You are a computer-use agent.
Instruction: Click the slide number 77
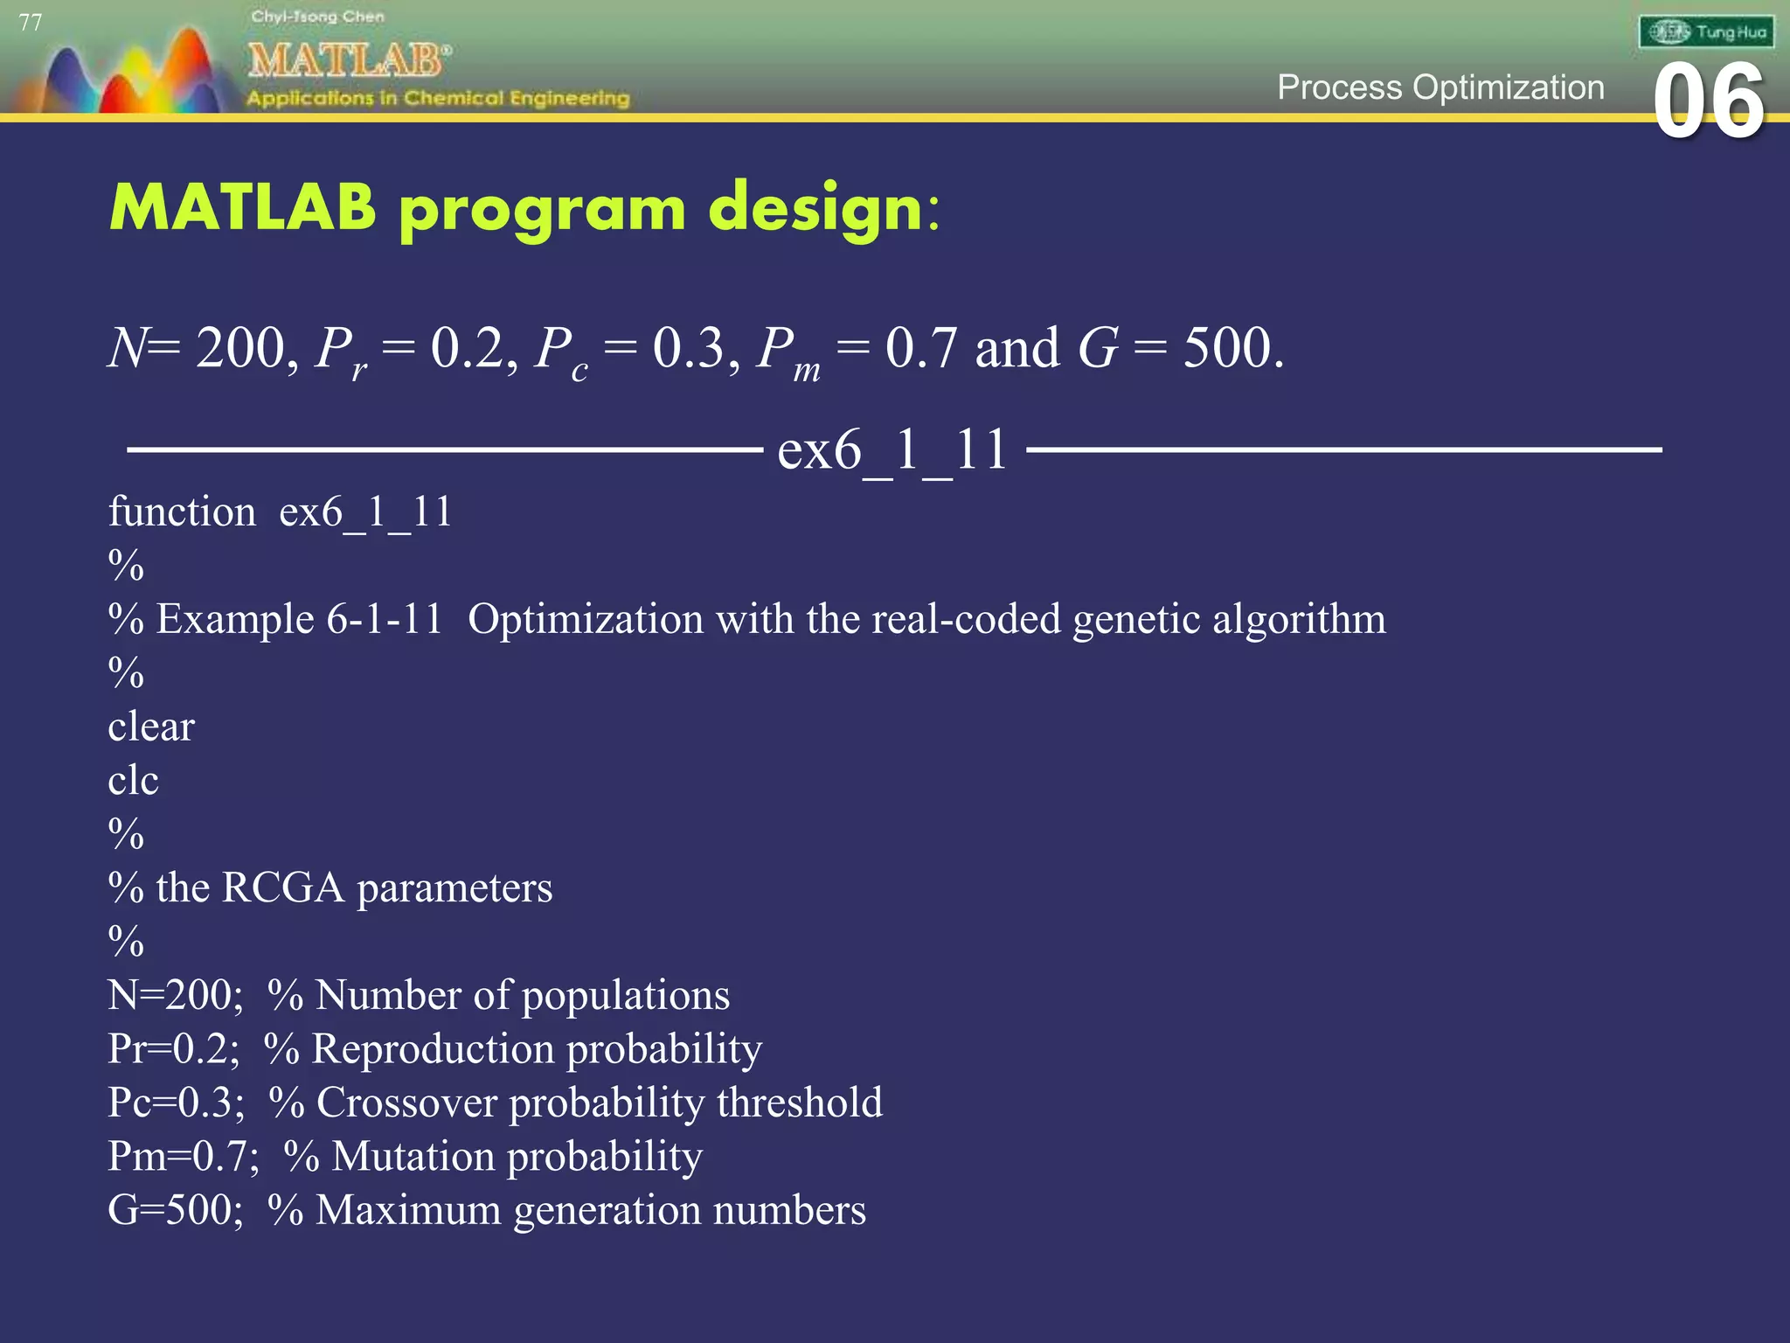(x=31, y=23)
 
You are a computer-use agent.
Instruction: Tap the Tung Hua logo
(x=1705, y=32)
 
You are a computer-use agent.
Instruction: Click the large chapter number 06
(x=1708, y=102)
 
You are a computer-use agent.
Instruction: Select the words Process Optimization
(x=1440, y=87)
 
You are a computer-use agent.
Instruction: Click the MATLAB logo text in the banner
(x=348, y=60)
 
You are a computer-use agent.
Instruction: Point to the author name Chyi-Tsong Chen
(x=317, y=17)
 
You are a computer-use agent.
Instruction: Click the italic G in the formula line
(x=1097, y=348)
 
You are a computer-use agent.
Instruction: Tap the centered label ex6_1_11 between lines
(x=892, y=450)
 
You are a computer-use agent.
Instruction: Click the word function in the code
(x=182, y=511)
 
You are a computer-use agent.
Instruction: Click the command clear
(x=151, y=727)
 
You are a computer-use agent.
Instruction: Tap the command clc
(x=133, y=780)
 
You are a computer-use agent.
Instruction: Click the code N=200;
(x=176, y=995)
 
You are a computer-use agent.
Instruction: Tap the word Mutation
(x=413, y=1156)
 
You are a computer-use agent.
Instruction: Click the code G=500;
(x=176, y=1210)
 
